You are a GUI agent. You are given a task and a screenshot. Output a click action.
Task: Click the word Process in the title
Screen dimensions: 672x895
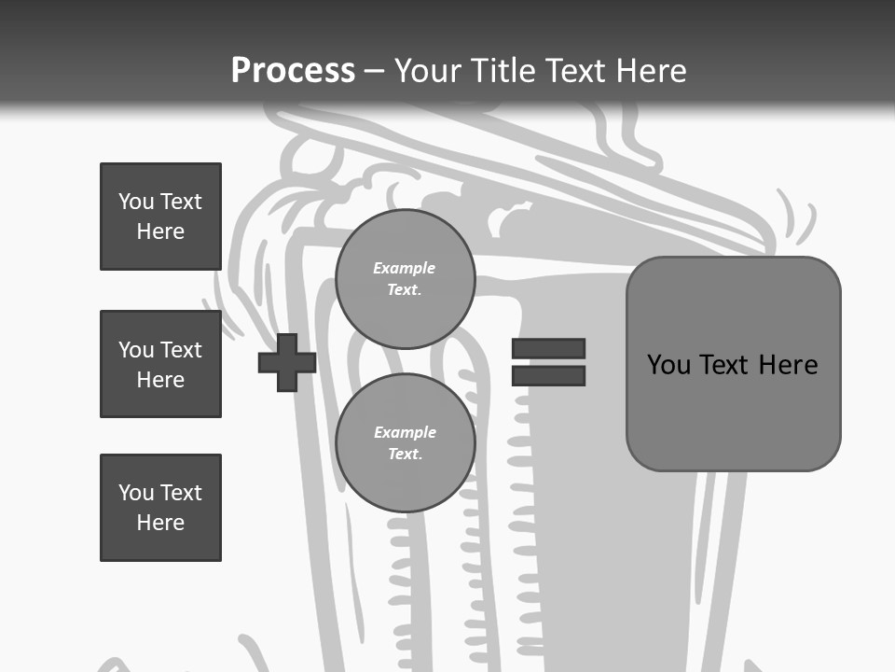pos(293,70)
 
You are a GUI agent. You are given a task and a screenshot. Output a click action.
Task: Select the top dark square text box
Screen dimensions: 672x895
pos(160,217)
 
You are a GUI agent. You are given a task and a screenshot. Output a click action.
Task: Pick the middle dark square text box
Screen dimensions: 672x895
pos(160,364)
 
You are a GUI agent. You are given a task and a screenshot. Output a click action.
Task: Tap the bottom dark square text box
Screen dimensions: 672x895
pos(160,508)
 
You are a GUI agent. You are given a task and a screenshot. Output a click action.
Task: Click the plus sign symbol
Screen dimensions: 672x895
pos(287,362)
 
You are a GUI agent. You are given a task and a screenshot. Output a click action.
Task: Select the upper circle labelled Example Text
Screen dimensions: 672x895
pos(405,279)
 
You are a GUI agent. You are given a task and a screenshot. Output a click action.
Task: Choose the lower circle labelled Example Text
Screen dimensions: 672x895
pos(405,443)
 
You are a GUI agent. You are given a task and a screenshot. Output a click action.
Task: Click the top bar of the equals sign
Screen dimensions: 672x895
pos(548,349)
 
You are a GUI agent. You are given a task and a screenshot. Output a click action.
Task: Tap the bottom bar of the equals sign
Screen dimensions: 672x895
pos(548,375)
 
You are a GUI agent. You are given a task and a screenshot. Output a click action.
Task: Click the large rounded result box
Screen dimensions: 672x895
pos(733,411)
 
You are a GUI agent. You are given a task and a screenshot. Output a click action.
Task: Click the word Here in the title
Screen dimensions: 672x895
pos(651,71)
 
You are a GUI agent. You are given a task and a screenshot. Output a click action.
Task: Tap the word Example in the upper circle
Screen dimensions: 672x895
pos(405,268)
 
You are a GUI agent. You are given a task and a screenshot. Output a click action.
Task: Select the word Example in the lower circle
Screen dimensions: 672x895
pos(405,432)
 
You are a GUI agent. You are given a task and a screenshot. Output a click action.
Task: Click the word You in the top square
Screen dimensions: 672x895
pos(136,202)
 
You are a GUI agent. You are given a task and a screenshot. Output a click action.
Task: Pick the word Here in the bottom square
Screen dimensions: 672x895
pos(160,523)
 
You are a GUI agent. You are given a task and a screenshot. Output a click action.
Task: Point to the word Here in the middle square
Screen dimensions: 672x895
pos(160,380)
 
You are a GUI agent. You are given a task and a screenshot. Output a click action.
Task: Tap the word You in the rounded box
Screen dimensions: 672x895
pos(668,365)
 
